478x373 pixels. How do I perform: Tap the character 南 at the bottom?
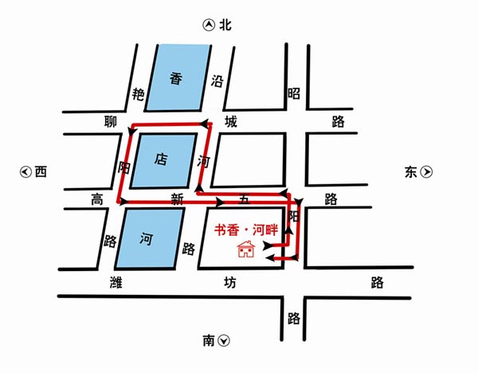(208, 340)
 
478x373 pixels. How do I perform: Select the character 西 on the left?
(41, 171)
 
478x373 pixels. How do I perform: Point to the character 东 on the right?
(409, 171)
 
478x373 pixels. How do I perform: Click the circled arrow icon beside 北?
(210, 25)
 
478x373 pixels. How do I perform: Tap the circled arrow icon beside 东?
(426, 171)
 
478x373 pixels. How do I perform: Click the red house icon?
(245, 251)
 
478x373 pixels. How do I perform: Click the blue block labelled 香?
(177, 77)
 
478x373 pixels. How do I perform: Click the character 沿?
(217, 80)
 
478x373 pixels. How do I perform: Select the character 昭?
(294, 94)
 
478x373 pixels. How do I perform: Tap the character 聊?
(111, 122)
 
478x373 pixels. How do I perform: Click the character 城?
(230, 122)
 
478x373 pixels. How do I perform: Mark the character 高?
(96, 200)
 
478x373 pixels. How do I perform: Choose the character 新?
(177, 198)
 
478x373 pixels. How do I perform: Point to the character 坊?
(230, 282)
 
